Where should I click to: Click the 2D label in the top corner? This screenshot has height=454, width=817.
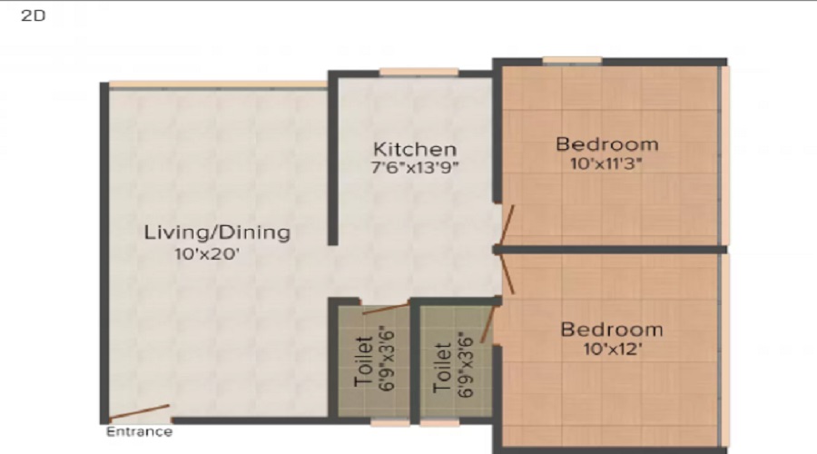(33, 16)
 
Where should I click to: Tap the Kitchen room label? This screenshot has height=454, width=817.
(415, 149)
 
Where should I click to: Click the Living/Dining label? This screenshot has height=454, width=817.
(217, 232)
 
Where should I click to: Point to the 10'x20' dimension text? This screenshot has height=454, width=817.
(207, 254)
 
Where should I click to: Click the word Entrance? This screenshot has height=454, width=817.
(139, 431)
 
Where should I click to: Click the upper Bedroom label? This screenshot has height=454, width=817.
(606, 143)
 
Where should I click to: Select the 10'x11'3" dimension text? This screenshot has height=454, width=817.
(606, 164)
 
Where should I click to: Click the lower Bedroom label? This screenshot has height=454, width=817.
(611, 329)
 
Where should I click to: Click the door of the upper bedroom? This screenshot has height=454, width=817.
(507, 226)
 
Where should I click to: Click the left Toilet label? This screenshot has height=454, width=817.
(363, 363)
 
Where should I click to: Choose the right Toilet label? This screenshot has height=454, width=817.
(442, 367)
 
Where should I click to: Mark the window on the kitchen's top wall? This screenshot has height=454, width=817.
(418, 72)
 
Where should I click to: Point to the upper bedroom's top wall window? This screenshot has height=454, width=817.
(572, 61)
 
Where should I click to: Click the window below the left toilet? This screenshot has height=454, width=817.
(390, 422)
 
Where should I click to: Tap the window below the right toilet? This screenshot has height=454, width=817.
(440, 422)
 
